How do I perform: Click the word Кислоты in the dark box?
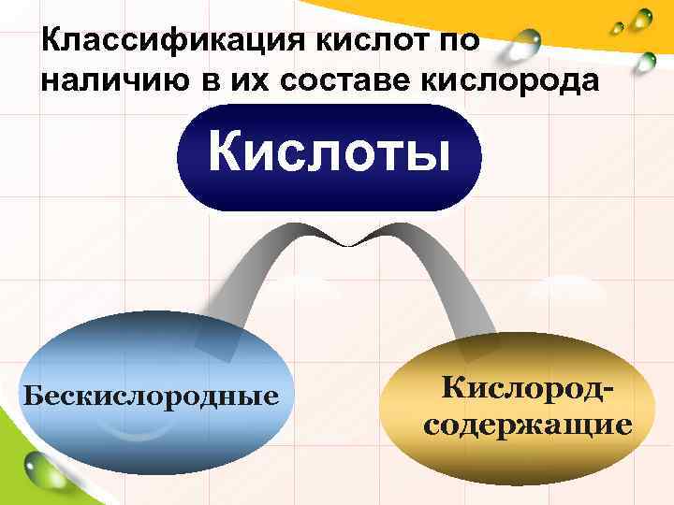(329, 151)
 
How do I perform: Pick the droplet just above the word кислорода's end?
(645, 61)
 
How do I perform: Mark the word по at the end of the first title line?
(459, 41)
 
